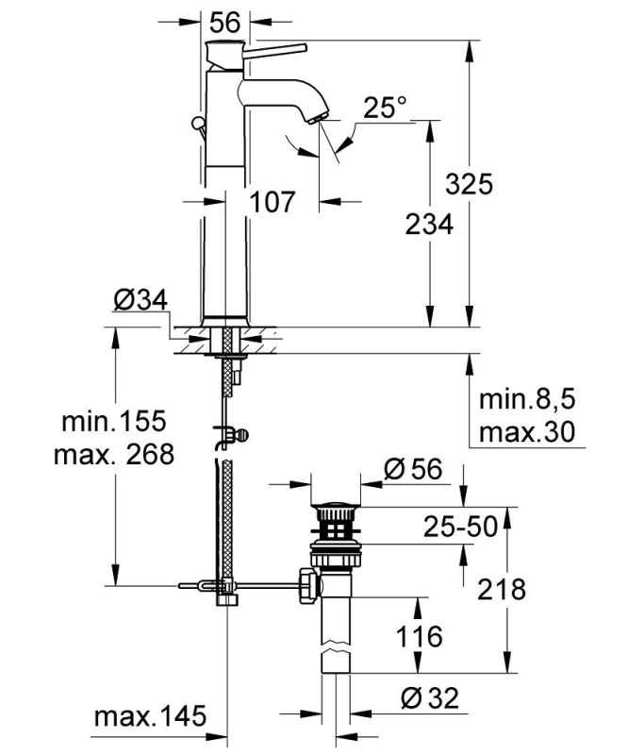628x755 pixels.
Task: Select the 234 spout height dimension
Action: tap(429, 224)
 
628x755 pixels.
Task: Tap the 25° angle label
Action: tap(385, 109)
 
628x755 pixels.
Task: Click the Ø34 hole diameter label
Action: tap(140, 300)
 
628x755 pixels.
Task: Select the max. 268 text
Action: tap(114, 454)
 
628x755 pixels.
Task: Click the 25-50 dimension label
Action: tap(458, 528)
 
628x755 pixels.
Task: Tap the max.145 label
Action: tap(149, 718)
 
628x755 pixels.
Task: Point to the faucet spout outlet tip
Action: tap(317, 118)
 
